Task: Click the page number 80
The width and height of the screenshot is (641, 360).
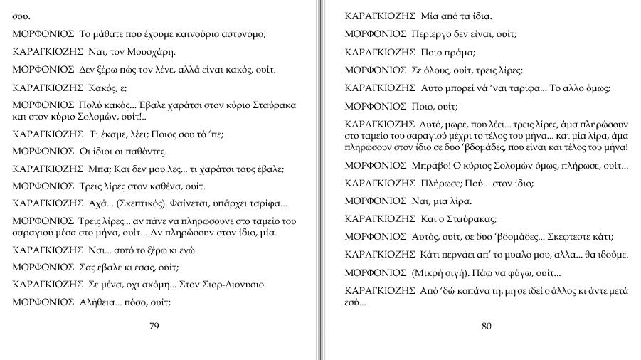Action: coord(487,327)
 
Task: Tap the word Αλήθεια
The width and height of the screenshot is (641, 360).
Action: coord(97,301)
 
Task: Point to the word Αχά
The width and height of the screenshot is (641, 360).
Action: coord(95,203)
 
